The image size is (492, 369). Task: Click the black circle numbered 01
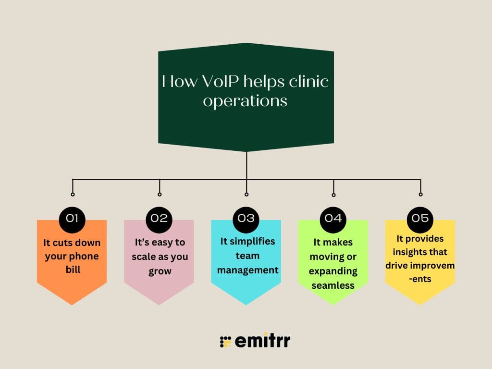point(72,218)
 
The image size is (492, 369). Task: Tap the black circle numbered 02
point(159,218)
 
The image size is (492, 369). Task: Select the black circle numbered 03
point(246,218)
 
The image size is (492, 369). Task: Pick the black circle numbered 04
point(333,218)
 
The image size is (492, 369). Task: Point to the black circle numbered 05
point(420,218)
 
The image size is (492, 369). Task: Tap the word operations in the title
point(245,101)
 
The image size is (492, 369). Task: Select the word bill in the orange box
point(72,270)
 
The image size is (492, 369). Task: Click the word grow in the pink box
point(160,271)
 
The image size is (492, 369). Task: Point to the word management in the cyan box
point(247,271)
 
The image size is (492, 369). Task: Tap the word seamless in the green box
point(333,285)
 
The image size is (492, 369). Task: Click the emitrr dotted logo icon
point(225,342)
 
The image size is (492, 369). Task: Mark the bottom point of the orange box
point(72,304)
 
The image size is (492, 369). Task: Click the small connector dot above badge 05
point(420,195)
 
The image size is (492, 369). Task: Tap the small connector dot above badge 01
point(73,195)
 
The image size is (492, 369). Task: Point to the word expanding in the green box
point(333,271)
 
